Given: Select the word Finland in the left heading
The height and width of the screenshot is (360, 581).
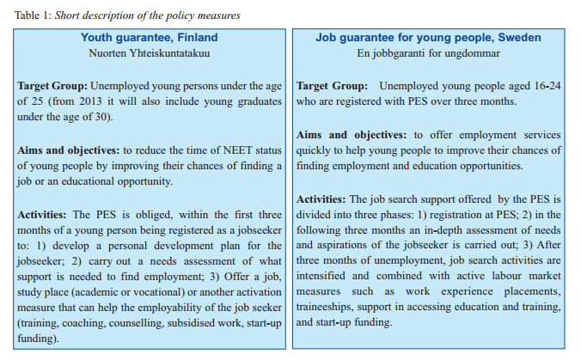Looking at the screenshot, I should (194, 37).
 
